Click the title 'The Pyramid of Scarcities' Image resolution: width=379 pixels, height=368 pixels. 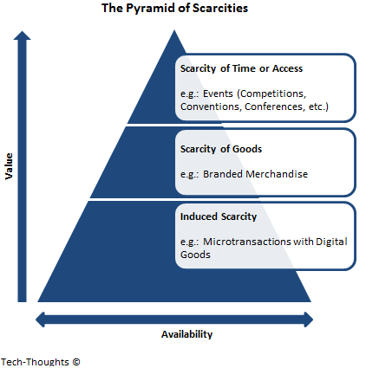174,8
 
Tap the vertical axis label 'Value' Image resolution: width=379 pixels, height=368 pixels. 9,166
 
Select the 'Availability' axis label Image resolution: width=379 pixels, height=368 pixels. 186,334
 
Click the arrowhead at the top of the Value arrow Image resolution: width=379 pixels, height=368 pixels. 22,36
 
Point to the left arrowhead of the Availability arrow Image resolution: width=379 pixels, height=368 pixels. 40,320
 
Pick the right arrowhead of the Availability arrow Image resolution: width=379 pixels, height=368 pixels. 309,320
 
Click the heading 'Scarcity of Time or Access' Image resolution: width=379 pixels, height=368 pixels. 241,68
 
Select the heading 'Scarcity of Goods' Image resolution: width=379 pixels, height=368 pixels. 221,149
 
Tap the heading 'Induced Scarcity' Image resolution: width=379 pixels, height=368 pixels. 219,216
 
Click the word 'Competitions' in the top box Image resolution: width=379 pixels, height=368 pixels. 272,94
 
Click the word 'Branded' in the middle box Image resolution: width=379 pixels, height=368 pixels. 224,174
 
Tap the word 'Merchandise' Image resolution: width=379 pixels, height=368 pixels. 278,174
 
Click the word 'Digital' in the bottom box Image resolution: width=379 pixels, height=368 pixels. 331,242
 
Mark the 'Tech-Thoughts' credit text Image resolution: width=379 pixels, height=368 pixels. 35,362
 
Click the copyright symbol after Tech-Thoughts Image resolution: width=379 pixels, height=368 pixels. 76,362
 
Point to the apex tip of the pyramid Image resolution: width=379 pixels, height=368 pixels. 174,30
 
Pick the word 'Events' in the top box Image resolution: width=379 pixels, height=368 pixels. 218,94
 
